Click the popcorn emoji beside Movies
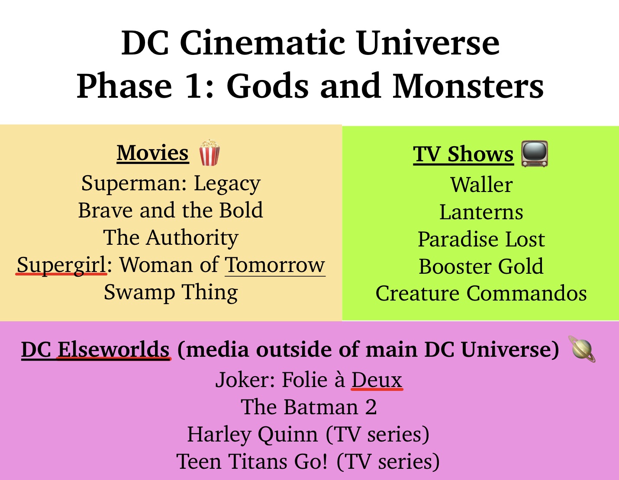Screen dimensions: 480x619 pyautogui.click(x=210, y=153)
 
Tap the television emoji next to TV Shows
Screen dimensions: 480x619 pyautogui.click(x=534, y=154)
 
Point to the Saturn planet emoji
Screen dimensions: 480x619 pyautogui.click(x=583, y=349)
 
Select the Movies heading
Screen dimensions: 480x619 pyautogui.click(x=153, y=153)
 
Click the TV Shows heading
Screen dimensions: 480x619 pyautogui.click(x=463, y=154)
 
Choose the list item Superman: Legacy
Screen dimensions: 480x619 pyautogui.click(x=171, y=184)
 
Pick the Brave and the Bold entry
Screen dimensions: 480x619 pyautogui.click(x=171, y=211)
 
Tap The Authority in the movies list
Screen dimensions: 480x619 pyautogui.click(x=171, y=238)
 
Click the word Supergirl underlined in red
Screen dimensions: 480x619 pyautogui.click(x=61, y=265)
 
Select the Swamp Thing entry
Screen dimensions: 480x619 pyautogui.click(x=171, y=292)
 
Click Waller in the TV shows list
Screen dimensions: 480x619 pyautogui.click(x=481, y=185)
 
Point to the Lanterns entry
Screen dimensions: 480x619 pyautogui.click(x=481, y=212)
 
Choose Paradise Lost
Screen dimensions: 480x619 pyautogui.click(x=481, y=240)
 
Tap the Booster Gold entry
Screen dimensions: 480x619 pyautogui.click(x=481, y=267)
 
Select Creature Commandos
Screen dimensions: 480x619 pyautogui.click(x=481, y=294)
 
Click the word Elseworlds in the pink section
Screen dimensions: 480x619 pyautogui.click(x=113, y=350)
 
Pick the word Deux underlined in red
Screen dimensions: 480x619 pyautogui.click(x=377, y=380)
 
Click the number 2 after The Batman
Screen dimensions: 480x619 pyautogui.click(x=371, y=407)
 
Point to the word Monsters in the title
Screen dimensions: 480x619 pyautogui.click(x=468, y=86)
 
